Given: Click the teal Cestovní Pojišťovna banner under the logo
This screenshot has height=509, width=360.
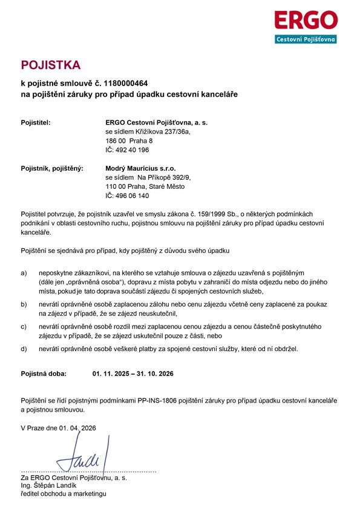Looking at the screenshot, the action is tap(306, 39).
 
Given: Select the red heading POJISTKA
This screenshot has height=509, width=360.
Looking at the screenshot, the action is tap(50, 65).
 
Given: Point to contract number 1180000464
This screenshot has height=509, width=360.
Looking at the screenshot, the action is tap(126, 83).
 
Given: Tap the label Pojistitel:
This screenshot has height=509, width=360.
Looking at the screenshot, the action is tap(36, 123).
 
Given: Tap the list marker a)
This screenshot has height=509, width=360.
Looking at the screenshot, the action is tap(24, 273).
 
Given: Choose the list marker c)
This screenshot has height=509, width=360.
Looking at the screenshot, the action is tap(24, 326).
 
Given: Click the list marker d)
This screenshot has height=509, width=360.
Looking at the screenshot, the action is tap(24, 349).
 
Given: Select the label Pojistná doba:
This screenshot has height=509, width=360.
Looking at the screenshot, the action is tap(44, 374).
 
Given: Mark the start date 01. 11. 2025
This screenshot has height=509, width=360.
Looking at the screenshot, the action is tap(110, 374).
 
